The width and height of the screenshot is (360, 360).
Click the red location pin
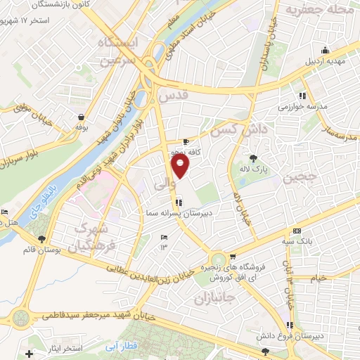coord(181,167)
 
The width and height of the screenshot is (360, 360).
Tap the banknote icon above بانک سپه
coord(297,231)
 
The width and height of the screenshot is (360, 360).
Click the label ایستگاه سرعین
coord(120,53)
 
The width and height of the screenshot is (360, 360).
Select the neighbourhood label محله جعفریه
coord(316,10)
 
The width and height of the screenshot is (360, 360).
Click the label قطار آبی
coord(131,345)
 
